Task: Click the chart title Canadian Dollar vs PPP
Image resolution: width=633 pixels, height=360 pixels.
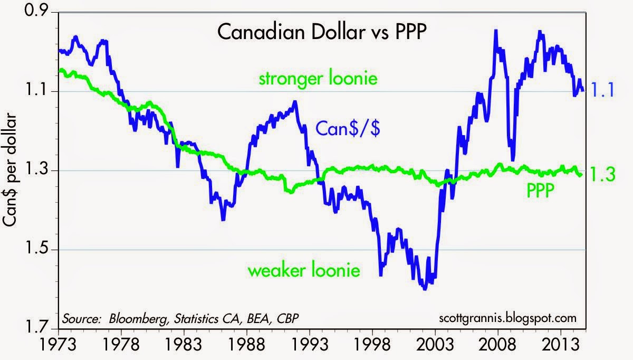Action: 322,32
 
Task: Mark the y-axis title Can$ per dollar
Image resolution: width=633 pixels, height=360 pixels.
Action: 9,169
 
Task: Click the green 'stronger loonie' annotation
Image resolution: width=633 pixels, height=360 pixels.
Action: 318,79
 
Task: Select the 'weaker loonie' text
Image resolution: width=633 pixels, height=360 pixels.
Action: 304,270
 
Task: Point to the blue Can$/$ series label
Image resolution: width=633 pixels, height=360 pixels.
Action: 348,128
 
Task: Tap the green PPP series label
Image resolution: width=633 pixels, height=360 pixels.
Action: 540,191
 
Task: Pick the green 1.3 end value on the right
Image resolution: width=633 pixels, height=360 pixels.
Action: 602,174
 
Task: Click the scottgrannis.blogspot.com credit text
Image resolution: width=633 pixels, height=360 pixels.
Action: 507,318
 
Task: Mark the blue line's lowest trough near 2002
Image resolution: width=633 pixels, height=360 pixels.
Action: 425,288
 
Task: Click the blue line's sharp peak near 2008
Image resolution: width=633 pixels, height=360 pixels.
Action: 496,31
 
